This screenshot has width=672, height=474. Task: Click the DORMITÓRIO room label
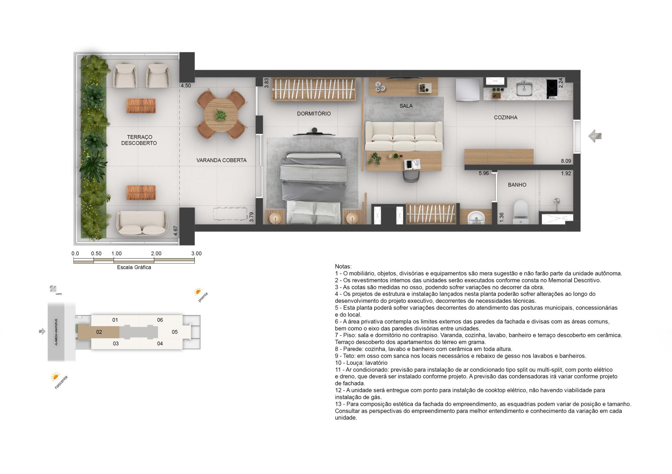[314, 114]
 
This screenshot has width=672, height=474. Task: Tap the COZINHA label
[506, 118]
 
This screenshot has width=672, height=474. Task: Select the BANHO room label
[517, 185]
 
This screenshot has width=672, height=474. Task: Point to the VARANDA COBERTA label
[221, 160]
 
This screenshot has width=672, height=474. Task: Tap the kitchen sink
[524, 88]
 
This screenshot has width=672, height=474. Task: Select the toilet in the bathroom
[521, 212]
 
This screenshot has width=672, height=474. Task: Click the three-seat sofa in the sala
[404, 136]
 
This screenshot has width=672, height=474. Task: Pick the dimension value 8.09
[566, 161]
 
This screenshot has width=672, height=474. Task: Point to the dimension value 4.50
[186, 86]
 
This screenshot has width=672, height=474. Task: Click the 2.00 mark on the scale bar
[156, 254]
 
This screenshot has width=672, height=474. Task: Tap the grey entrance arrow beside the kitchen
[595, 136]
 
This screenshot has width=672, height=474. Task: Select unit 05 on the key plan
[175, 332]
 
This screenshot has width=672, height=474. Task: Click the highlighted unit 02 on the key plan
[99, 332]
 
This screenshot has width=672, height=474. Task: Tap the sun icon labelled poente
[198, 292]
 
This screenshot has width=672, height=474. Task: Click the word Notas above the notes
[343, 267]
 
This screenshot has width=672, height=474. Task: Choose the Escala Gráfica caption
[134, 267]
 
